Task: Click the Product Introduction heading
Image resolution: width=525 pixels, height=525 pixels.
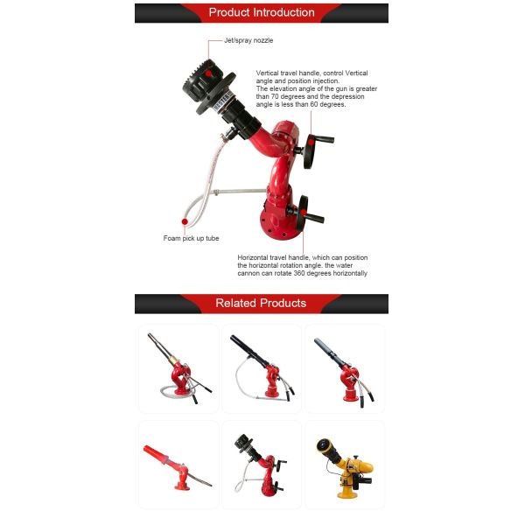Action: point(261,12)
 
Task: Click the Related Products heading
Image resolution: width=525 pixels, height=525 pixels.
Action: point(261,304)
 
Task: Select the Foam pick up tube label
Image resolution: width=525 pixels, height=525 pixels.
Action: point(190,238)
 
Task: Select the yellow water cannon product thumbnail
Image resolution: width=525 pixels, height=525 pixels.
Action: point(344,465)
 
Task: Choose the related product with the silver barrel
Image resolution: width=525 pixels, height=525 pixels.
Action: point(178,367)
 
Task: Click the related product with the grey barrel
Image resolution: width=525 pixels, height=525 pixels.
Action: point(344,367)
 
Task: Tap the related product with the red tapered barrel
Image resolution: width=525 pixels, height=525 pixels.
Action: point(178,465)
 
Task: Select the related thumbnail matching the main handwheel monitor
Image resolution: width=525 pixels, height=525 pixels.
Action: point(261,465)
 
